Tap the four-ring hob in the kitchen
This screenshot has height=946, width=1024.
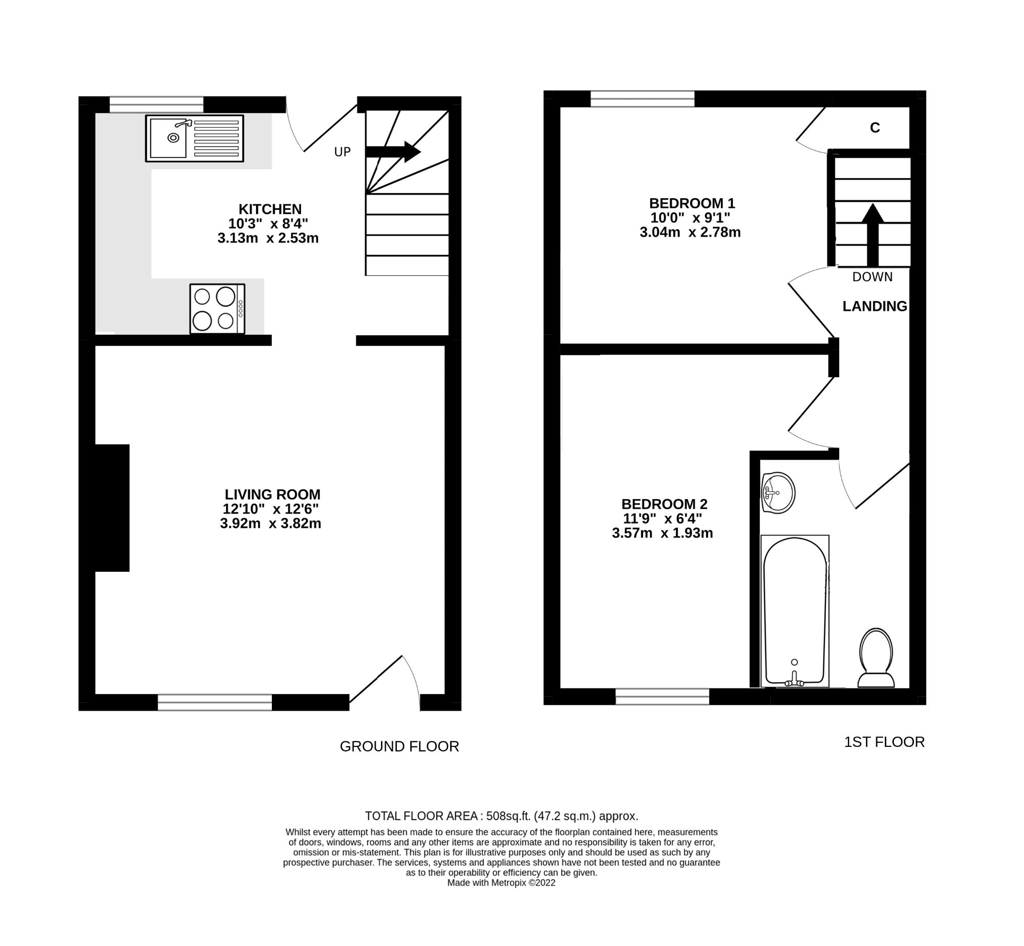coord(217,309)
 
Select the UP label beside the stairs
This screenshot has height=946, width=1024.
coord(342,152)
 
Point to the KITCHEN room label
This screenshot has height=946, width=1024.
coord(270,209)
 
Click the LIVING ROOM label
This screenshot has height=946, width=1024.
coord(272,494)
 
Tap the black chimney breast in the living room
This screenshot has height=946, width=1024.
coord(112,508)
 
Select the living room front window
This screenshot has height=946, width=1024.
coord(215,702)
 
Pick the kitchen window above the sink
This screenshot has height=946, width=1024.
coord(156,104)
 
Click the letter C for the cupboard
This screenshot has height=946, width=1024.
coord(875,128)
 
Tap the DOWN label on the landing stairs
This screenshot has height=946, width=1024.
coord(872,277)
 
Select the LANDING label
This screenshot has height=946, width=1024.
coord(874,306)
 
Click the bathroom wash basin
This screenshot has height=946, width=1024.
coord(778,493)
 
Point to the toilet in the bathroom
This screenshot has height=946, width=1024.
coord(876,658)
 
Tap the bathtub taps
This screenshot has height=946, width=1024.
coord(794,679)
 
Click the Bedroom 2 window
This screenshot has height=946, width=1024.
coord(662,697)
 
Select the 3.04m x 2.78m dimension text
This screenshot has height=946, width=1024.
coord(690,232)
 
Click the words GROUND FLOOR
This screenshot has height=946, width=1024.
coord(399,746)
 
